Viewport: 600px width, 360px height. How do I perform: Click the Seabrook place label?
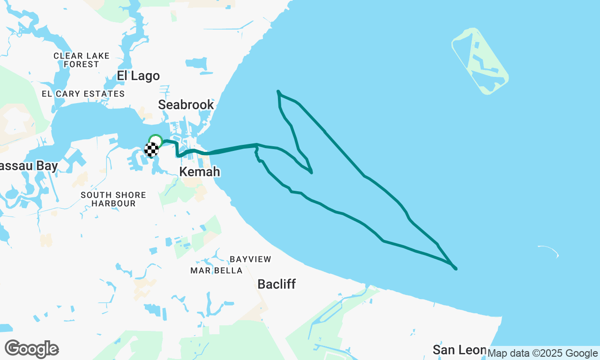[x=186, y=105]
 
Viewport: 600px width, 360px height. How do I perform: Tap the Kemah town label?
[x=200, y=172]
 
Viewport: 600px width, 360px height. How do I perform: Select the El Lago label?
[x=138, y=76]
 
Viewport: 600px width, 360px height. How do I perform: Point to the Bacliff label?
[x=277, y=284]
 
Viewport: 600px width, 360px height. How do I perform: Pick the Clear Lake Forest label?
[x=82, y=60]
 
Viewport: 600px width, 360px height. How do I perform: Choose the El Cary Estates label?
[x=83, y=94]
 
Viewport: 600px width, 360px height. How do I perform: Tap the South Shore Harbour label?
[x=113, y=199]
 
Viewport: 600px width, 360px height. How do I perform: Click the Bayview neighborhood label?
[x=250, y=259]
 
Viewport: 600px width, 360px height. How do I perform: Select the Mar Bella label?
[x=217, y=270]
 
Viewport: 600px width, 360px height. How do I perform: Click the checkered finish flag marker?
[x=151, y=150]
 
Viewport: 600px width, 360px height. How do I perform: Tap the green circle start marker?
[x=155, y=140]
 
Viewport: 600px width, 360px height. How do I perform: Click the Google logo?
[x=31, y=349]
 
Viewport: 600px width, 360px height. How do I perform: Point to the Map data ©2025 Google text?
[x=543, y=353]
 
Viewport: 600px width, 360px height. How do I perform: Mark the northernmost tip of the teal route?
[x=278, y=91]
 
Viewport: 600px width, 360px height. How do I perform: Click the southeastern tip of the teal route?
[x=456, y=269]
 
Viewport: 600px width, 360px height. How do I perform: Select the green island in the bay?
[x=480, y=61]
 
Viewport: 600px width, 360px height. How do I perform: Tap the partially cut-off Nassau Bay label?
[x=28, y=166]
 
